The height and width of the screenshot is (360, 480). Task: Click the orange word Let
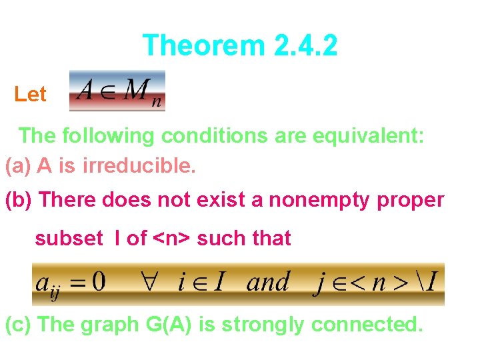pos(30,95)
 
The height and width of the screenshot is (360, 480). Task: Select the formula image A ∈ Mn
pos(117,91)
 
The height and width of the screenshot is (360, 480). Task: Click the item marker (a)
pos(18,166)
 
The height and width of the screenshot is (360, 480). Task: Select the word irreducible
pos(139,166)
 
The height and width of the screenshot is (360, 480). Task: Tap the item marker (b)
pos(19,200)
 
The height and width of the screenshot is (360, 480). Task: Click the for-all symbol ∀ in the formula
pos(145,282)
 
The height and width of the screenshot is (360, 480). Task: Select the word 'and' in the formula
pos(268,282)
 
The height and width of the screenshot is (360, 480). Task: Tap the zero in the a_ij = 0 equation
pos(98,282)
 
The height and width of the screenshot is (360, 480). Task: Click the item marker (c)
pos(19,325)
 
